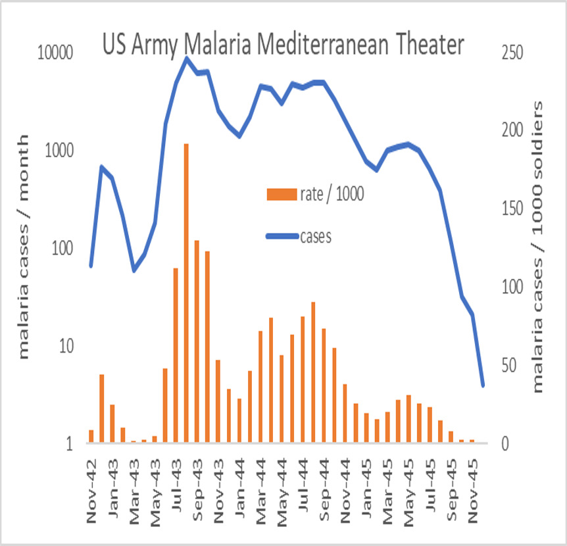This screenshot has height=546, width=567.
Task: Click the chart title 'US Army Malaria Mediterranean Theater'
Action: tap(283, 45)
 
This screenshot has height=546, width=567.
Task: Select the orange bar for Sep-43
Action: tap(197, 341)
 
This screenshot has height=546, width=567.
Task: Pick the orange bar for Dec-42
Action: tap(102, 409)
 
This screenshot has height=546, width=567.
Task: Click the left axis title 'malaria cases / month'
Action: tap(24, 247)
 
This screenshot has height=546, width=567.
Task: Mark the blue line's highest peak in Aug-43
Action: tap(186, 59)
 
